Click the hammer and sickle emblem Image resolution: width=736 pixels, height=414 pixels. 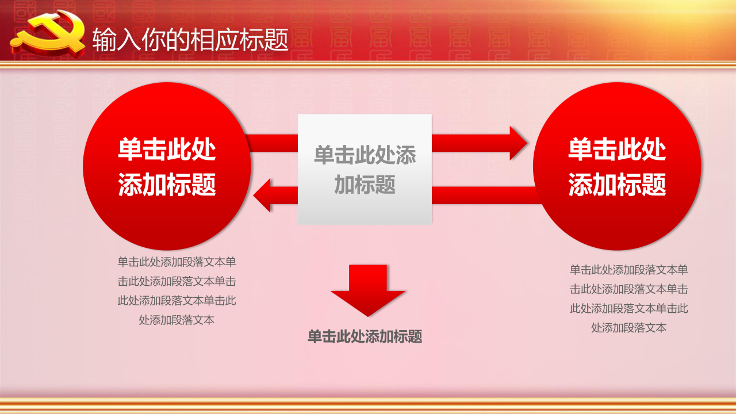click(48, 34)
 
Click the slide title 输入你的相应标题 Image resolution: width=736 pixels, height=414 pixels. click(190, 40)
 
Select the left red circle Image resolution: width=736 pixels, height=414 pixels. click(167, 166)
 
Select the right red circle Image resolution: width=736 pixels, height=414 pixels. click(617, 166)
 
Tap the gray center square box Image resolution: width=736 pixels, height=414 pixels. click(365, 169)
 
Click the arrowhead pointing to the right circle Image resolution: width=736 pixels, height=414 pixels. click(518, 143)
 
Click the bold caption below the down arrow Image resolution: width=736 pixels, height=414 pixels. click(365, 336)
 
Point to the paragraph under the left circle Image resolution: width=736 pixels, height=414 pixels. click(177, 291)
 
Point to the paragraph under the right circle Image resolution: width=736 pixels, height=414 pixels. click(628, 298)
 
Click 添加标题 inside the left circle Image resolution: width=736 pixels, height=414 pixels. click(167, 185)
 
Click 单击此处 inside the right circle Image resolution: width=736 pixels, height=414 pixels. click(617, 149)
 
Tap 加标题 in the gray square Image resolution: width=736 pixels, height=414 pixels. click(365, 185)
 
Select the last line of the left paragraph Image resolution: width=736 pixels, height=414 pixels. click(177, 320)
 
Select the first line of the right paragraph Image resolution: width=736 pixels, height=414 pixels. click(628, 270)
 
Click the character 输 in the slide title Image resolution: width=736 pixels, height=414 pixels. click(104, 40)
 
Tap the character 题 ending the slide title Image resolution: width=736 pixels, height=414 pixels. click(277, 40)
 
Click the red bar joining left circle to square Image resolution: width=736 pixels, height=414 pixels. click(272, 143)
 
